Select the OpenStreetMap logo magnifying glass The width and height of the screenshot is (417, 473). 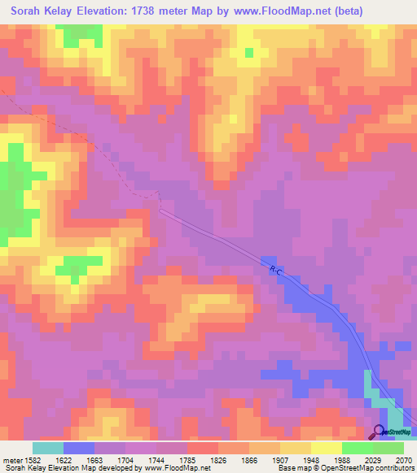click(379, 430)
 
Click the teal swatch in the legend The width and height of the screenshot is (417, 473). click(48, 448)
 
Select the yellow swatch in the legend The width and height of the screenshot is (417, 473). click(327, 448)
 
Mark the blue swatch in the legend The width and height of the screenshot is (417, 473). click(79, 448)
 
